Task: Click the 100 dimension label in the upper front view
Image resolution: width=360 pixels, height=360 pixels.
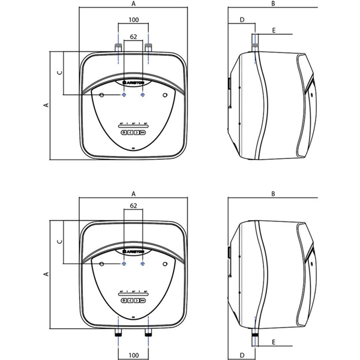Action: [133, 21]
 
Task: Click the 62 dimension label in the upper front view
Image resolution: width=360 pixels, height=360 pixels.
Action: [133, 37]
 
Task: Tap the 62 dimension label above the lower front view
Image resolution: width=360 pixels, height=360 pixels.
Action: [133, 206]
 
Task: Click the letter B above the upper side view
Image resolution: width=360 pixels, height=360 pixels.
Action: [272, 4]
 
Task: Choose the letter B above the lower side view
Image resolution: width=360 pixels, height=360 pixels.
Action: [272, 194]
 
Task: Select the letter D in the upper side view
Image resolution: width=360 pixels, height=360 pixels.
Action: [242, 20]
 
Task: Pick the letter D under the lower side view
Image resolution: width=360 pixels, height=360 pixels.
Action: [242, 353]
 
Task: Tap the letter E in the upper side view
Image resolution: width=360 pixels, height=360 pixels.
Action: [273, 29]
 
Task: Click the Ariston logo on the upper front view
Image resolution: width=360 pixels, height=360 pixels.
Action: [133, 80]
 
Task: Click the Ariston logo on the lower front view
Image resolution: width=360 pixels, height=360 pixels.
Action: [133, 249]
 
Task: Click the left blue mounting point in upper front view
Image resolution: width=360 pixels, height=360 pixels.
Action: [124, 95]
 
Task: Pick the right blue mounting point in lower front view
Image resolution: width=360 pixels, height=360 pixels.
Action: [142, 264]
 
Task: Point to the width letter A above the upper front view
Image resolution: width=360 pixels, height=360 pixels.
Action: [133, 4]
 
